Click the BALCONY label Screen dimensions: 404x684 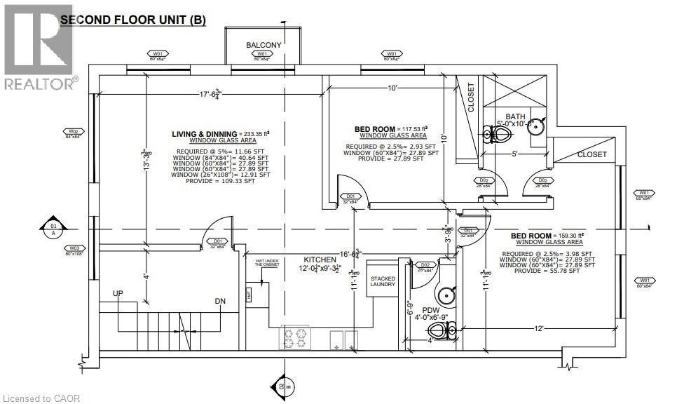tap(264, 45)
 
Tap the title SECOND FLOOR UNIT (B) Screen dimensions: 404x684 tap(132, 20)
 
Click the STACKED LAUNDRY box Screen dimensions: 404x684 tap(383, 282)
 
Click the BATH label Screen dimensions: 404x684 tap(515, 116)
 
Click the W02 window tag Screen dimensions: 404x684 tap(73, 131)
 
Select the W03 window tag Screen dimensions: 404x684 tap(73, 248)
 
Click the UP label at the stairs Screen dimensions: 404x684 tap(126, 292)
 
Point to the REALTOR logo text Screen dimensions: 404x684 tap(40, 83)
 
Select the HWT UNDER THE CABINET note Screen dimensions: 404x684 tap(267, 264)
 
